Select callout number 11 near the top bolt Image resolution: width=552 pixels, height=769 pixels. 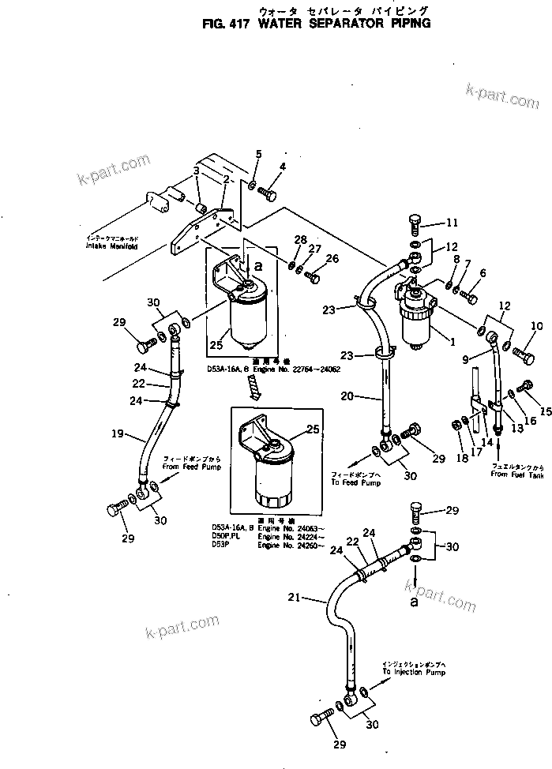click(x=452, y=222)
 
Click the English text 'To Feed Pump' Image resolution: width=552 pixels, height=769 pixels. click(x=356, y=482)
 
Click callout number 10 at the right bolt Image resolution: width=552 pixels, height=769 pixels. click(x=536, y=326)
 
